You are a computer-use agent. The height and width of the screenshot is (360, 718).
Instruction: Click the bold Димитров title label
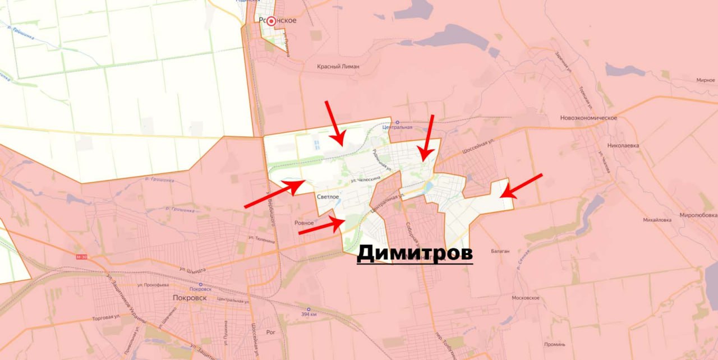click(415, 253)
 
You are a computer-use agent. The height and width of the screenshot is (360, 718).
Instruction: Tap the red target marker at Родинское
click(271, 21)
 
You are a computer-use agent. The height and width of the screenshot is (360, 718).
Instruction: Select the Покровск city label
click(190, 298)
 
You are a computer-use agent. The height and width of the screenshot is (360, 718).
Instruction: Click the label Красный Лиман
click(338, 66)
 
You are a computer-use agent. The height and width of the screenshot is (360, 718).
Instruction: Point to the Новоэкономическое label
click(588, 118)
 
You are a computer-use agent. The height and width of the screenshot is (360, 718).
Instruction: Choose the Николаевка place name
click(623, 145)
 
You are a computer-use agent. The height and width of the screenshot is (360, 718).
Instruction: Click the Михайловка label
click(657, 220)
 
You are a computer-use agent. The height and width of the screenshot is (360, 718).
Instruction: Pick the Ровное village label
click(304, 223)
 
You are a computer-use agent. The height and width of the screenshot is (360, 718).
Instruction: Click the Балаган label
click(500, 251)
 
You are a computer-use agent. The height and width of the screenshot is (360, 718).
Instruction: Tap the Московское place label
click(526, 298)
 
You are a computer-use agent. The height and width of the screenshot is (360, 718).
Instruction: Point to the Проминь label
click(555, 344)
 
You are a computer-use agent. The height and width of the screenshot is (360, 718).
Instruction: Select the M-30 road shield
click(81, 257)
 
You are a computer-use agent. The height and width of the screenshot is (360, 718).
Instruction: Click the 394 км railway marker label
click(309, 314)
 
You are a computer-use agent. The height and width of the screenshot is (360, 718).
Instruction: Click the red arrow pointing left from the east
click(522, 186)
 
